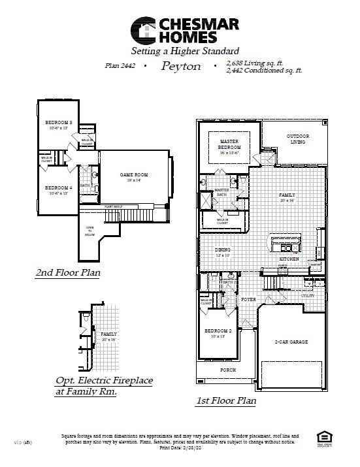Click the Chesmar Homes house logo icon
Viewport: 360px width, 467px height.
(x=144, y=30)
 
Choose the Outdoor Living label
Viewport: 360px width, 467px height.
(x=297, y=138)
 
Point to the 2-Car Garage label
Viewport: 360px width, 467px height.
(x=291, y=342)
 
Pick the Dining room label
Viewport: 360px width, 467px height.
(x=223, y=252)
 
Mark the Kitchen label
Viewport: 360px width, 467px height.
(x=289, y=259)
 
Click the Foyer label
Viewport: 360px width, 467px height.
(x=248, y=299)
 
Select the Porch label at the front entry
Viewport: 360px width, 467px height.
(x=227, y=370)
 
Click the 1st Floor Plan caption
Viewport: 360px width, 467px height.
(x=226, y=400)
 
